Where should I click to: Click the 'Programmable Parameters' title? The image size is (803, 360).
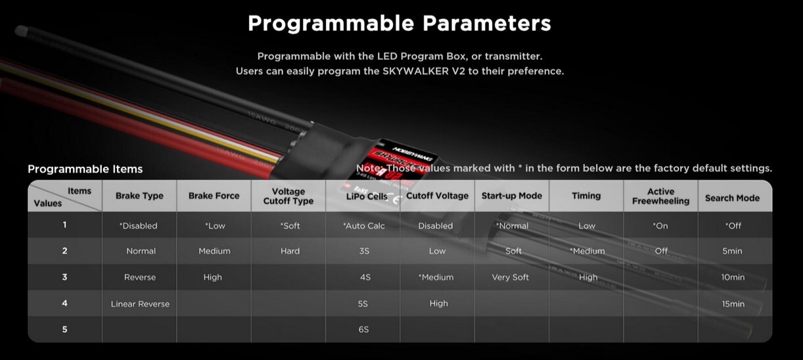coord(400,24)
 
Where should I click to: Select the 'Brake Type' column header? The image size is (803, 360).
coord(139,196)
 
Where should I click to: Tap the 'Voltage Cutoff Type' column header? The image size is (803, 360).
coord(288,196)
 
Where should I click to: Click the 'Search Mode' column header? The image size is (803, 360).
coord(733,198)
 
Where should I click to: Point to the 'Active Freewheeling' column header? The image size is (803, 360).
coord(660,196)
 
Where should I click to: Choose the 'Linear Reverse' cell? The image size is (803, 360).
coord(140,304)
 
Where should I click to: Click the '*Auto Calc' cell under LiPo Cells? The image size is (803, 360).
coord(364,226)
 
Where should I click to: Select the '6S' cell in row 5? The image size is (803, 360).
coord(363,330)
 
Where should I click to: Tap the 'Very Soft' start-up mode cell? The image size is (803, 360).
coord(510,277)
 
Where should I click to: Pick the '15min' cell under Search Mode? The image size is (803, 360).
coord(733,304)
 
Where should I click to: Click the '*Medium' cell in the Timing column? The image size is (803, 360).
coord(587,251)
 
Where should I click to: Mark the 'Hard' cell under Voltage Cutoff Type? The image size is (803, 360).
coord(290,251)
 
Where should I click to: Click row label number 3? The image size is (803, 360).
coord(64,277)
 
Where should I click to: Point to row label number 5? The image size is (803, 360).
coord(64,329)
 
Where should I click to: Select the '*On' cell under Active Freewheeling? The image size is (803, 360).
coord(660,226)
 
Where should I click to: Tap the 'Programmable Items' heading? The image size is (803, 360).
coord(85,169)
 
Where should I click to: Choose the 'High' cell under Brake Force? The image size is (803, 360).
coord(213,277)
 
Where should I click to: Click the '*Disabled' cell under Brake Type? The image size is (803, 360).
coord(139,226)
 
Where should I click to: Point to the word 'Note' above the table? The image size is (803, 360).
coord(369,168)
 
